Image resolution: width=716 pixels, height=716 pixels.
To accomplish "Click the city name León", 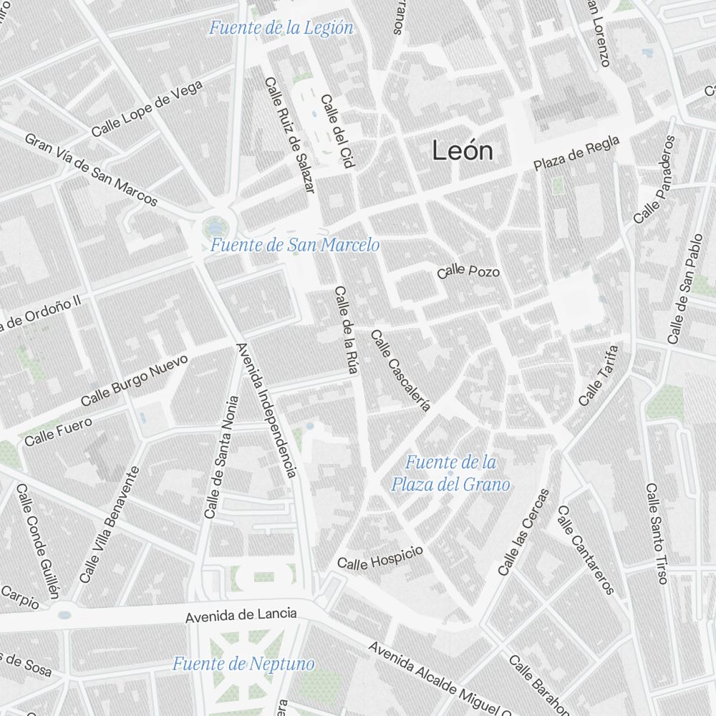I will coord(463,151).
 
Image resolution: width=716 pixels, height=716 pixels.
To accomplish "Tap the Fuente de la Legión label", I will coord(281,29).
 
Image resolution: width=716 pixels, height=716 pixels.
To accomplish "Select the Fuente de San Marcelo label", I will coord(294,246).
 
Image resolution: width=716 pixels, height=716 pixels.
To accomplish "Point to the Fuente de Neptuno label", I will coord(243,664).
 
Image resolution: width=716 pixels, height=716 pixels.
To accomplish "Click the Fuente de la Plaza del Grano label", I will coord(450,473).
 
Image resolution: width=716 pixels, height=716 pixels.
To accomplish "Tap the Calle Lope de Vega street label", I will coord(147,109).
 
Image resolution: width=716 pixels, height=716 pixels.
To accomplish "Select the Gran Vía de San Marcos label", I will coord(91,170).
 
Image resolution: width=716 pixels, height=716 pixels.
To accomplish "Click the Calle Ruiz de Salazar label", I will coord(290,135).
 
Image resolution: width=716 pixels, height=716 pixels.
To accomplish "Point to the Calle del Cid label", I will coord(337,132).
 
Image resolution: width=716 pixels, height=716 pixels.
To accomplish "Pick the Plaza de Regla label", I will coord(576,154).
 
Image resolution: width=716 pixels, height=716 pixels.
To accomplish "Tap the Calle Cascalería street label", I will coord(400,370).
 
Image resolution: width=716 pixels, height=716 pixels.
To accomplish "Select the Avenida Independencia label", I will coord(266,410).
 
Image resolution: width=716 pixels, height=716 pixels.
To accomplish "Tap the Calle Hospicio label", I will coord(380,558).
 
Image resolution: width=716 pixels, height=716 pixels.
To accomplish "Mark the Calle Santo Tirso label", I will coord(657,533).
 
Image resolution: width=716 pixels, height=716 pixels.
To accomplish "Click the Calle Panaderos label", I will coord(654,179).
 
